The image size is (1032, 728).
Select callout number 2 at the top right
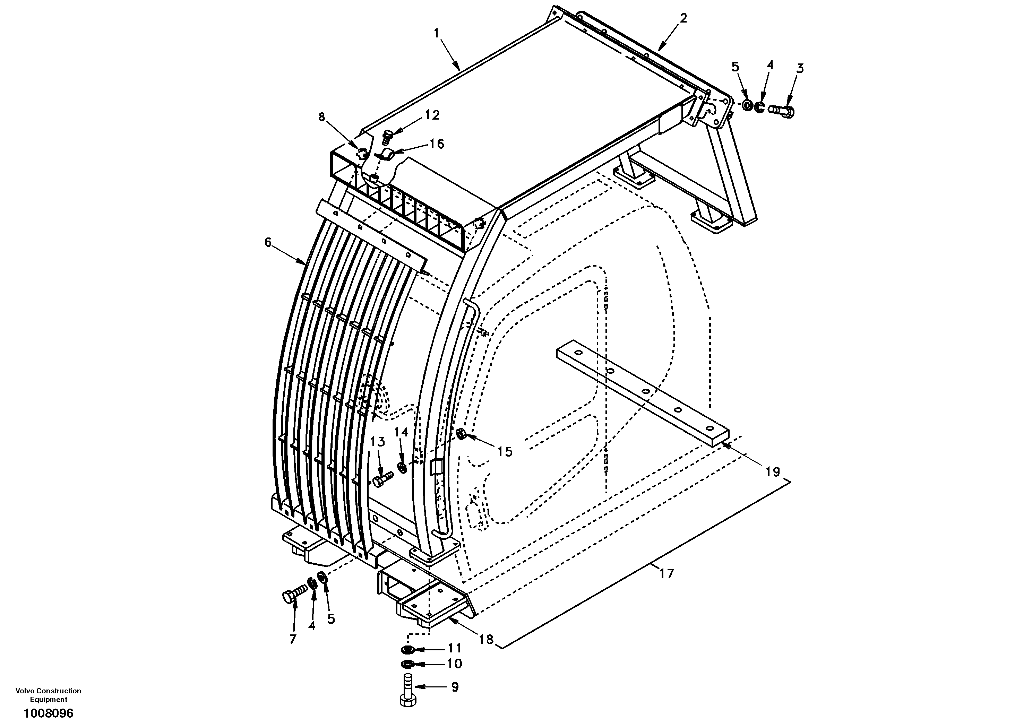pos(683,18)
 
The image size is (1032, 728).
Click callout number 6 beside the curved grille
pos(268,243)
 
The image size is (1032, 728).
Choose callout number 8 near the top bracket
pos(321,117)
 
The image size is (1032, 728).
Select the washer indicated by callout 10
pos(408,664)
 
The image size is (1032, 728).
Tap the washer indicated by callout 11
pos(408,649)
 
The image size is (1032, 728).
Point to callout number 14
pos(401,432)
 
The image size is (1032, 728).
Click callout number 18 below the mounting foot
pos(486,639)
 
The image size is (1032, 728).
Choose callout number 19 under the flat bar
pos(773,472)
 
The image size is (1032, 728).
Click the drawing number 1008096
pos(49,713)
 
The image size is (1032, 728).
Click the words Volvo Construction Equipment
pos(49,695)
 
